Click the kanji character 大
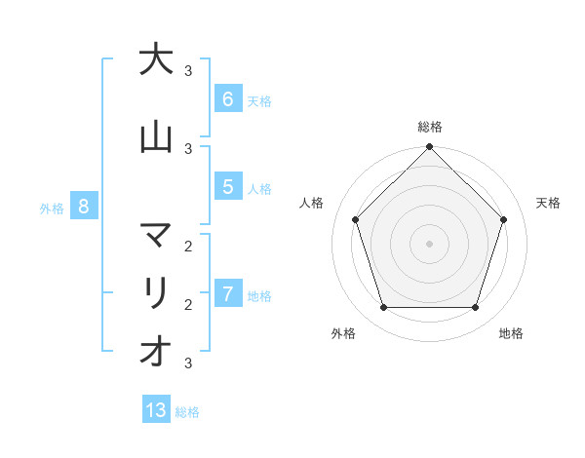[156, 59]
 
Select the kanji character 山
[156, 137]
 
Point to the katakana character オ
[156, 352]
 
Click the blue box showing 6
[227, 99]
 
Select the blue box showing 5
[227, 187]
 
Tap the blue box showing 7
[227, 294]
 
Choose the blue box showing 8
[84, 207]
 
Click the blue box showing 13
[156, 410]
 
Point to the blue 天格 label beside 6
[259, 100]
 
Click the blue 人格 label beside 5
[259, 188]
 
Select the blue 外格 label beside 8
[52, 208]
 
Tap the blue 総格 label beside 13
[187, 412]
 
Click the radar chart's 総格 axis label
[429, 127]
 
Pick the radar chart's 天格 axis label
[548, 203]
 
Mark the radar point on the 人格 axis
[355, 219]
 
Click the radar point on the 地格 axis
[475, 307]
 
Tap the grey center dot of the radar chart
[429, 243]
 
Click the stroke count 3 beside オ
[187, 363]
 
